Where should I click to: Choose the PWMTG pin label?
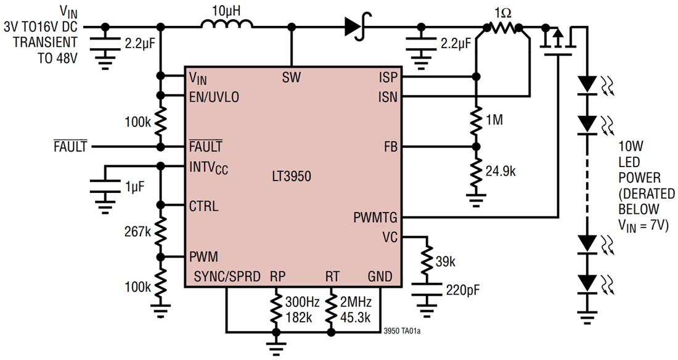[375, 218]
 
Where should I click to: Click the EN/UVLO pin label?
[214, 97]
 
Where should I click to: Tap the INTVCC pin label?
[208, 168]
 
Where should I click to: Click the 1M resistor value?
[494, 120]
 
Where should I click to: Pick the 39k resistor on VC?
[425, 261]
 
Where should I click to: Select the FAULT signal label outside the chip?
[70, 147]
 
